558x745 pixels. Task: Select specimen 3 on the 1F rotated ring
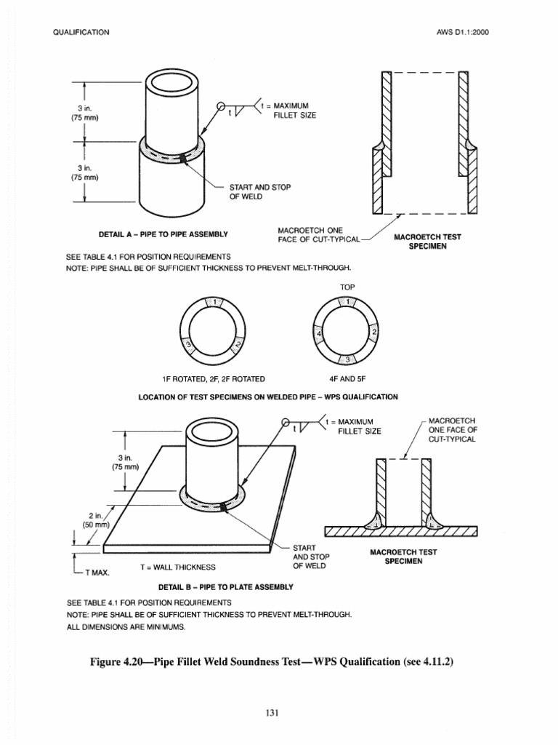(187, 345)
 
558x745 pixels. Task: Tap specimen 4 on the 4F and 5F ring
(318, 334)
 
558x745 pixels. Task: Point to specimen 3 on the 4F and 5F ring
(347, 360)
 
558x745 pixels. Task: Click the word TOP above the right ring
(347, 287)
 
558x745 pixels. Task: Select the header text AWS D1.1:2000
(469, 33)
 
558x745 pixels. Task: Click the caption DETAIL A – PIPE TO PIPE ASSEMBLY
(162, 234)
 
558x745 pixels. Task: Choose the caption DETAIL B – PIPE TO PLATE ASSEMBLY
(226, 586)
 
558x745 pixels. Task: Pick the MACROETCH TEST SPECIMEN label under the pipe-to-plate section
(404, 557)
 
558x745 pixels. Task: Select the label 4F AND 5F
(347, 378)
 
